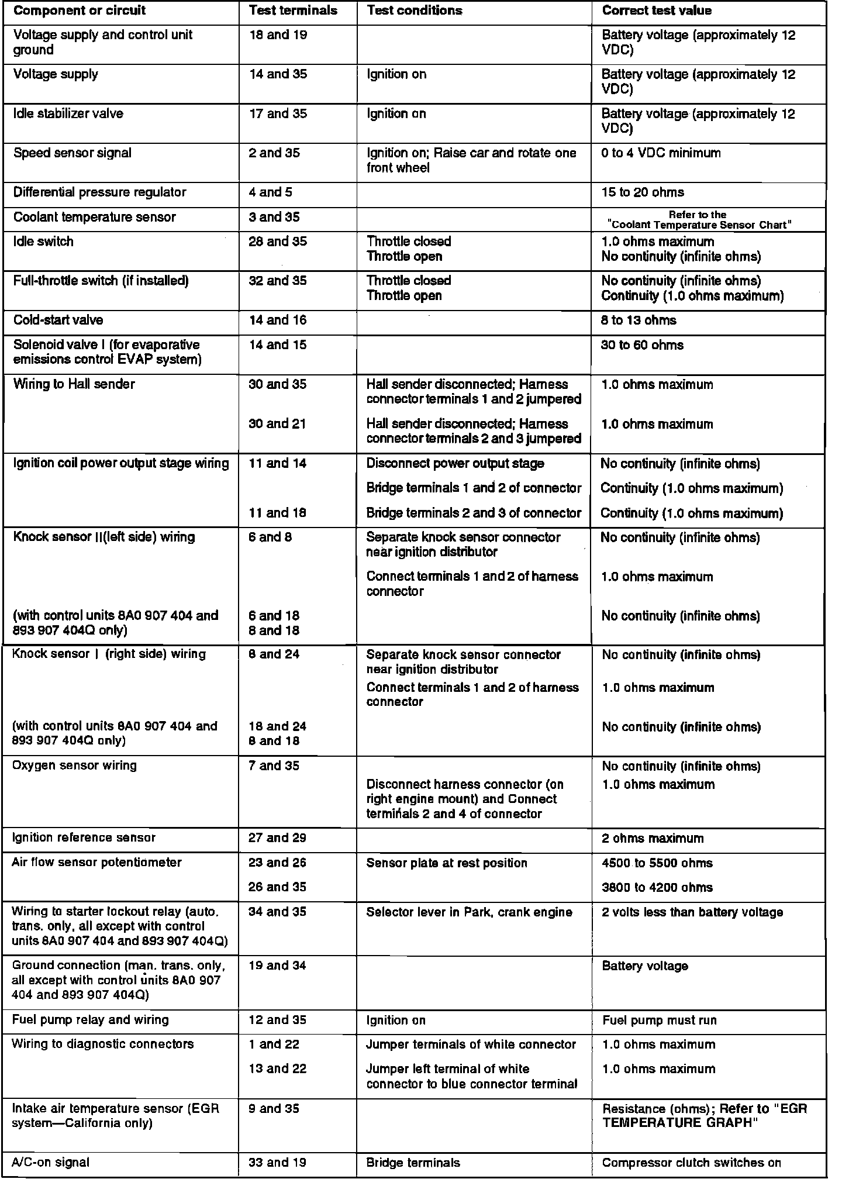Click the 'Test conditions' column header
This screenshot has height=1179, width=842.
pos(414,11)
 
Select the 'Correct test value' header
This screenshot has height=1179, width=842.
pos(657,11)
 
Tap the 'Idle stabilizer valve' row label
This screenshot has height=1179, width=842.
pos(68,113)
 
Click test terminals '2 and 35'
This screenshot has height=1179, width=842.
pos(274,153)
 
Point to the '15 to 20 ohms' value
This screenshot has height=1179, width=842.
pos(643,192)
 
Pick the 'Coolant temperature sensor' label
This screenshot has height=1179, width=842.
pos(94,217)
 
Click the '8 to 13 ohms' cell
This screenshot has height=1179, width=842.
pos(639,320)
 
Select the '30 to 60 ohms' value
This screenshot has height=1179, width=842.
pos(642,345)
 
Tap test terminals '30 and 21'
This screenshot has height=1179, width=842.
pos(277,423)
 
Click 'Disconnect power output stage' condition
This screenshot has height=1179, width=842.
pos(455,464)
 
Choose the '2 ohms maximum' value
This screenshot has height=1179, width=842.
pos(653,838)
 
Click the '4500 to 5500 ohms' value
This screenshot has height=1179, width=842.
pos(657,863)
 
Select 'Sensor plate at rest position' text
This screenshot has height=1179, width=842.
pos(447,863)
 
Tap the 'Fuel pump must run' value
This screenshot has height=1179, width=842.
pos(659,1020)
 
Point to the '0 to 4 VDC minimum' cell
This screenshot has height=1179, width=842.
pos(661,153)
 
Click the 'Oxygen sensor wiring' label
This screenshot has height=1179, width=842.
pos(74,765)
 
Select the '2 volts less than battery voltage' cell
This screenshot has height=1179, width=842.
pos(692,912)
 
